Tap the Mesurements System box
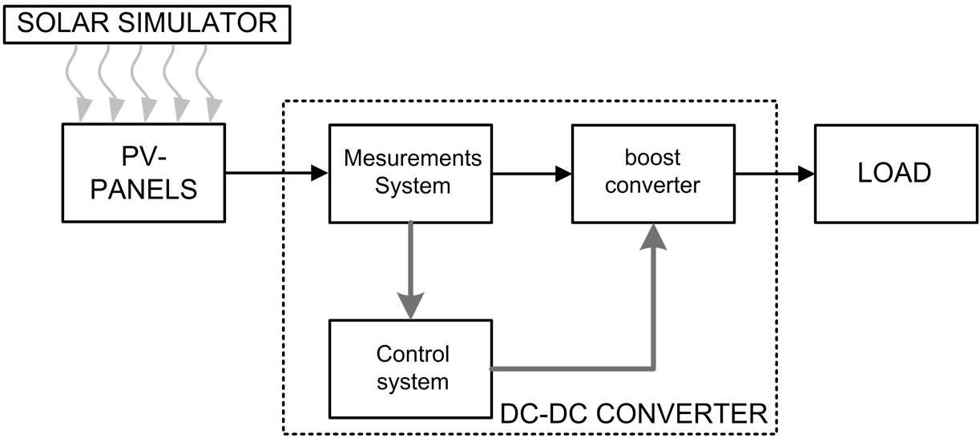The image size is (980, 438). pos(410,172)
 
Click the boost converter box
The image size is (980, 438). pos(652,172)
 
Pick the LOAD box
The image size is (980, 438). pos(894,173)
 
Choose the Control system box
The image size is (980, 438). pos(410,368)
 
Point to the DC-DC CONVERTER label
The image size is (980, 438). pos(633,414)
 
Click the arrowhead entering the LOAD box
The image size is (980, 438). pos(806,172)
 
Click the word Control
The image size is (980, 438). pos(413,353)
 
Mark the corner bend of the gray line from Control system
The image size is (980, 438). pos(655,368)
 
